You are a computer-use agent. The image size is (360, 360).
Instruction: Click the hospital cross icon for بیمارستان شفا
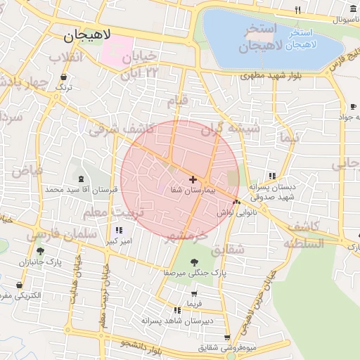(x=193, y=180)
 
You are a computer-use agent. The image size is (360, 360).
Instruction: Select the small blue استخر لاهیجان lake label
(x=314, y=39)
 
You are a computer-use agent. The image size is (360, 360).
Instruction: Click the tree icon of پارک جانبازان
(x=40, y=251)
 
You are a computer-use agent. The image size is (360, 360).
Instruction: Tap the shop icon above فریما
(x=194, y=294)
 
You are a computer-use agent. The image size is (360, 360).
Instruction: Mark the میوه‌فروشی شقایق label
(x=247, y=347)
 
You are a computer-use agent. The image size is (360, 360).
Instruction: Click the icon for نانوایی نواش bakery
(x=236, y=202)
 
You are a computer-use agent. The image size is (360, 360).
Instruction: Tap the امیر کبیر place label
(x=117, y=240)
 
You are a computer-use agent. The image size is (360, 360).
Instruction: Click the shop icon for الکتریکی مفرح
(x=19, y=285)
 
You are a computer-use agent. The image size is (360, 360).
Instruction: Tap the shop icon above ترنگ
(x=65, y=77)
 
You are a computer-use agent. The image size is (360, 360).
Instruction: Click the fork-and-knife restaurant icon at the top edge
(x=298, y=10)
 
